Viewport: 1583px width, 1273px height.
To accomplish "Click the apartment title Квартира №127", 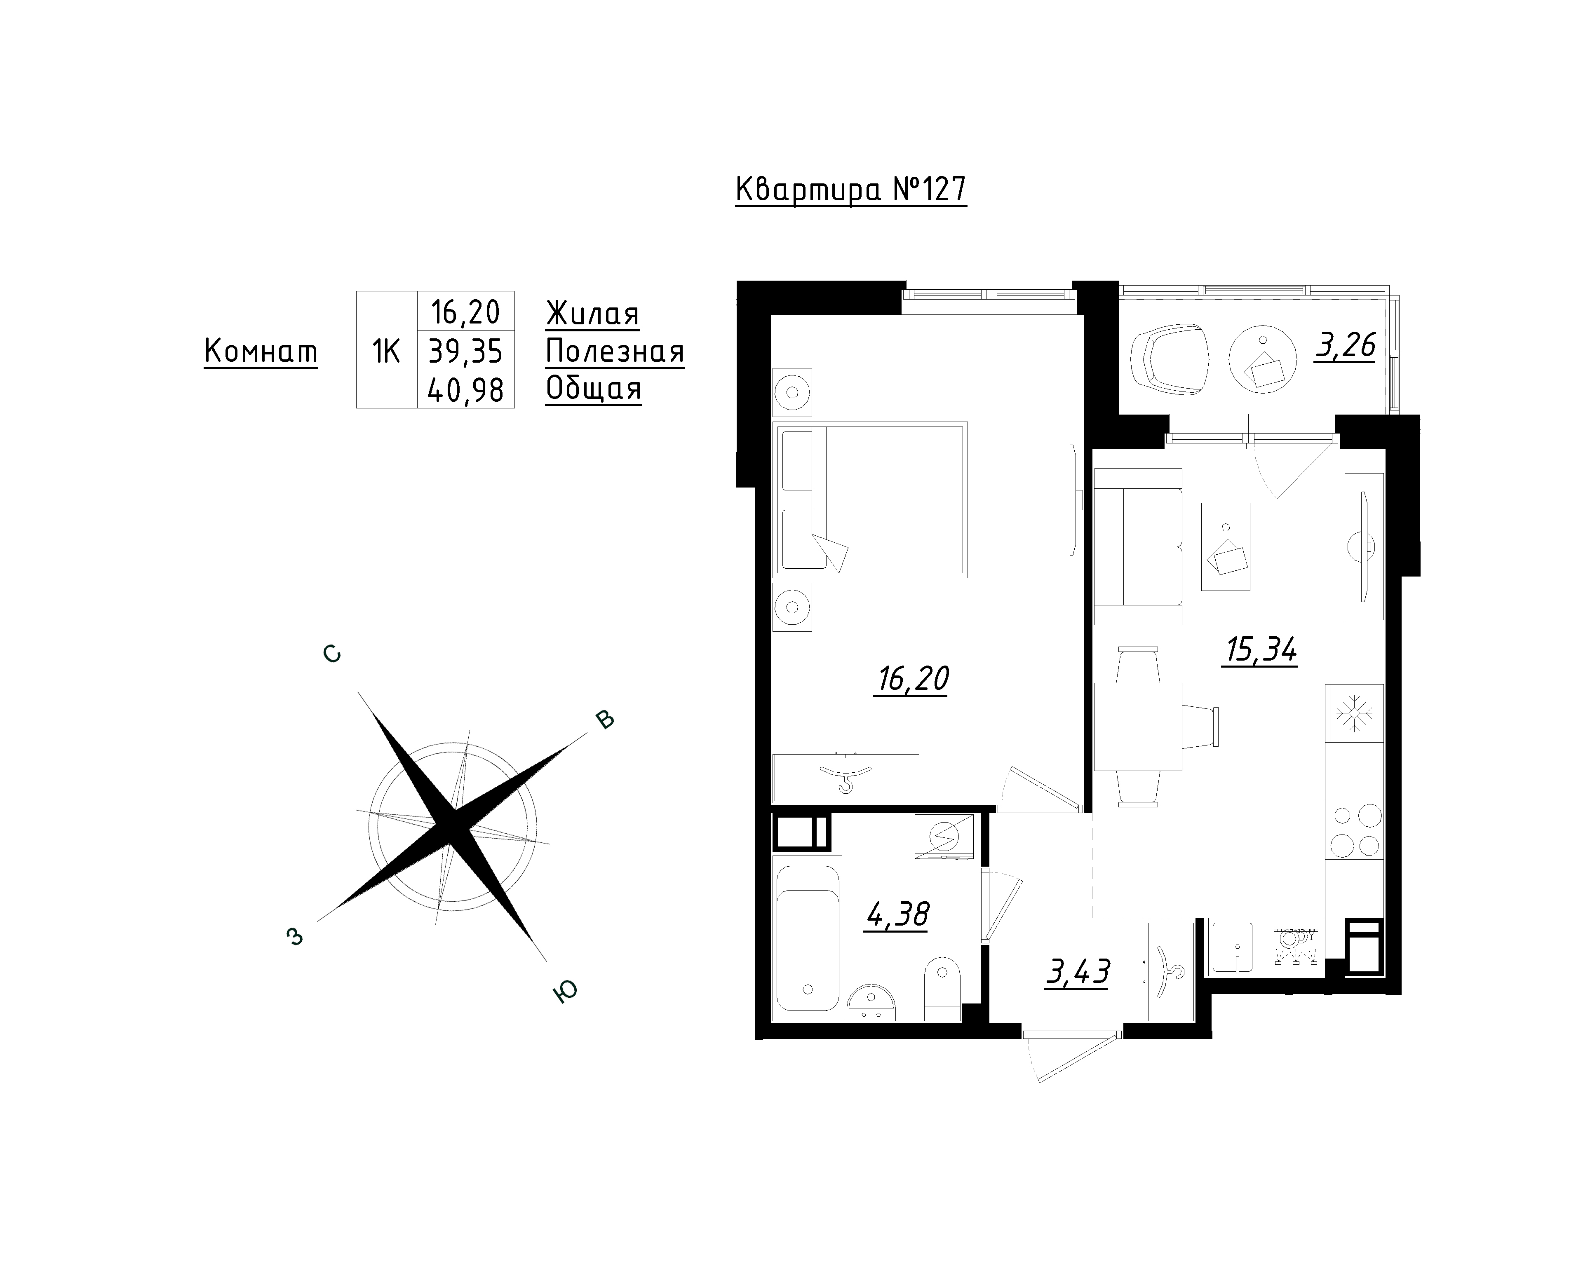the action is coord(851,190).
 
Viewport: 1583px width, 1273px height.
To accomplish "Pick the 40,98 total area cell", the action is coord(465,389).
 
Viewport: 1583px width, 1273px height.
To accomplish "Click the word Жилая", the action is coord(592,314).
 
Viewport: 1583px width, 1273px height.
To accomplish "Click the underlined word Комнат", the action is coord(261,352).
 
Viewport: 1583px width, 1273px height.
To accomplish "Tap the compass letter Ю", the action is coord(565,991).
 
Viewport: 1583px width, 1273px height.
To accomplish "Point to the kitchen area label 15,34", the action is coord(1260,650).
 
